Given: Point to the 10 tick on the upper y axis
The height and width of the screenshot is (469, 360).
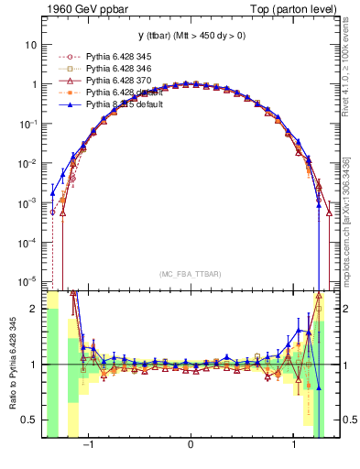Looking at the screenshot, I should click(31, 44).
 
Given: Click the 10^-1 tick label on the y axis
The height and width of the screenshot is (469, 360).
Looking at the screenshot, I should click(28, 123).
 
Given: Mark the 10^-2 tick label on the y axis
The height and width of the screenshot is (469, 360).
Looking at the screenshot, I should click(28, 162).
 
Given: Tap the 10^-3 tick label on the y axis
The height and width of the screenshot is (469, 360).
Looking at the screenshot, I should click(28, 202).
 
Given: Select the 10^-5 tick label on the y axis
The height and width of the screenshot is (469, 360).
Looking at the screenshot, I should click(28, 280).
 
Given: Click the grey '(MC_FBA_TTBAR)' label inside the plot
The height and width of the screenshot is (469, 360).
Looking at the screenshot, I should click(190, 274).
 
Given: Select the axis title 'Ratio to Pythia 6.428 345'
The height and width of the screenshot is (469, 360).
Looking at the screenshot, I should click(12, 365).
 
